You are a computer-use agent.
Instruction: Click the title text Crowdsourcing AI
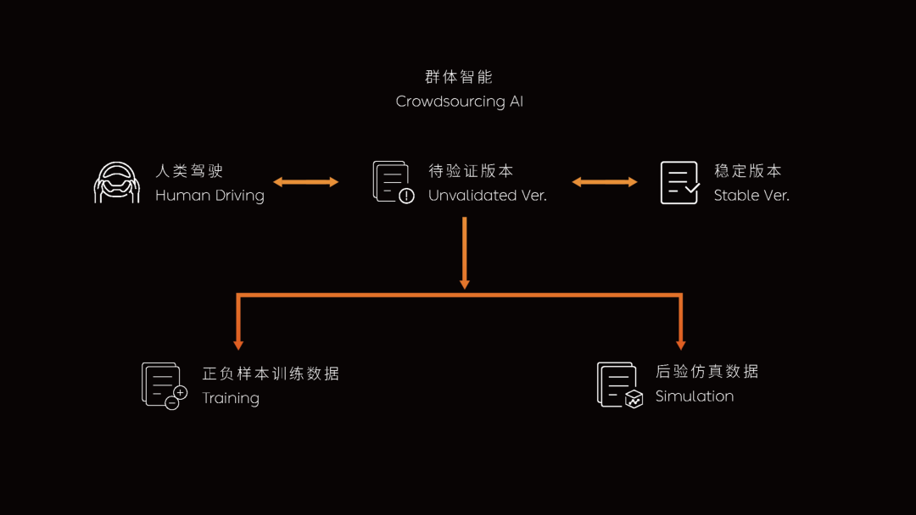pos(459,102)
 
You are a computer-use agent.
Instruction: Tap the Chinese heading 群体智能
pos(459,76)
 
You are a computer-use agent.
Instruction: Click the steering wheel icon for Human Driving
pos(117,183)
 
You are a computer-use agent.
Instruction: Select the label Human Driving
pos(209,196)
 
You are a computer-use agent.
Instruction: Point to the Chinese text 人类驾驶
pos(189,171)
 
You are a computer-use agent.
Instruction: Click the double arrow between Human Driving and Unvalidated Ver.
pos(306,182)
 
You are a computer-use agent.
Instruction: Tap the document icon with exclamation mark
pos(394,183)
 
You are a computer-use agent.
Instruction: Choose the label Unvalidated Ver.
pos(487,196)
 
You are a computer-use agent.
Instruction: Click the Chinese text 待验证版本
pos(471,171)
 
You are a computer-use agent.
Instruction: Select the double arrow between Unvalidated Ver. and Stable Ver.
pos(605,182)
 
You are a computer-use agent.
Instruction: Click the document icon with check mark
pos(680,183)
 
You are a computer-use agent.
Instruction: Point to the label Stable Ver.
pos(751,196)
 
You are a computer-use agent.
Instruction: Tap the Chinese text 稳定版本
pos(748,171)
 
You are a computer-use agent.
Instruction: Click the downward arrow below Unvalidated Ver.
pos(465,253)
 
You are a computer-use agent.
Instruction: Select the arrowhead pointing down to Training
pos(238,346)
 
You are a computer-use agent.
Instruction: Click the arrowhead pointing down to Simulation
pos(680,346)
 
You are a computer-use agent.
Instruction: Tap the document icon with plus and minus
pos(165,386)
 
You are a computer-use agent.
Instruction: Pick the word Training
pos(231,398)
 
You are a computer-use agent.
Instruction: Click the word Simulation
pos(695,396)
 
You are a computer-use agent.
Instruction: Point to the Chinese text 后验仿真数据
pos(707,372)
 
